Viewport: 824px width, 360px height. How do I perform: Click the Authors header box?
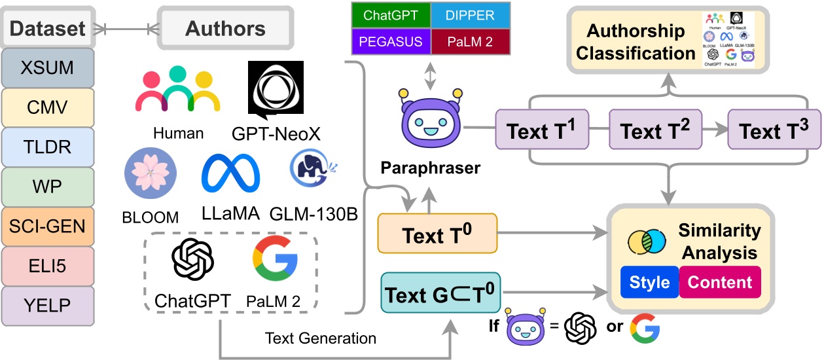225,29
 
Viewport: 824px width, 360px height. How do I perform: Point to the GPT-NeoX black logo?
276,90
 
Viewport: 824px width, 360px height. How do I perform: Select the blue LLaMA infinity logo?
230,175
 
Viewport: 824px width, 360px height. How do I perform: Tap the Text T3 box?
774,132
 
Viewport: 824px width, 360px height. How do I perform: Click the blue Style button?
649,282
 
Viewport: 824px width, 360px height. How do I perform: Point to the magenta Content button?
720,282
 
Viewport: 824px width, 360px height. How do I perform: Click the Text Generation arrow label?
320,338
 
